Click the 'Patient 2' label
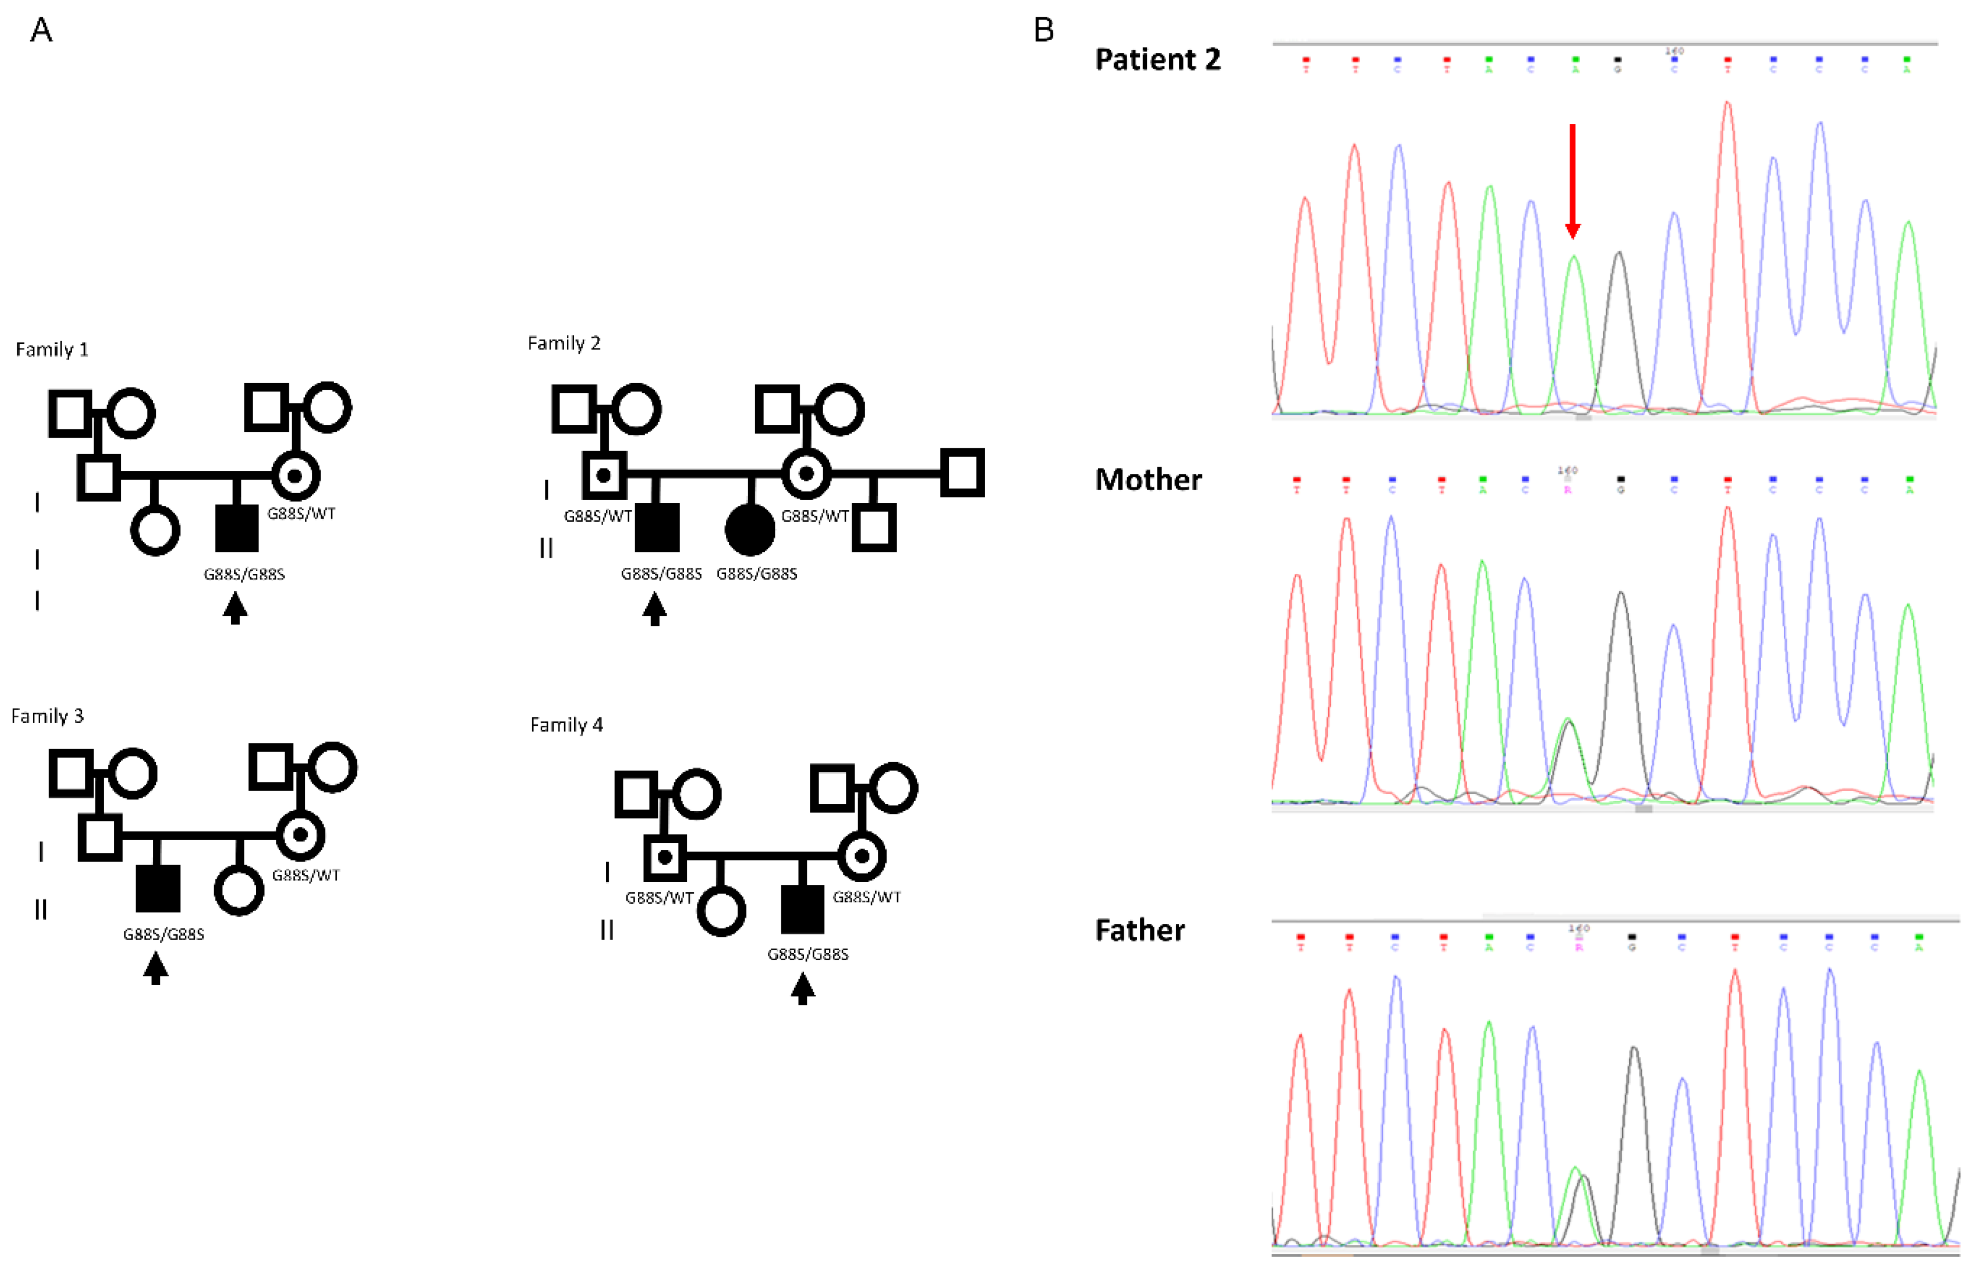point(1157,60)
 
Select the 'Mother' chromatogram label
point(1148,480)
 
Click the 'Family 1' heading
point(51,349)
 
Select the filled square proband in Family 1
point(237,528)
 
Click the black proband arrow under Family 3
point(155,967)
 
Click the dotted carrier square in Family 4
point(665,857)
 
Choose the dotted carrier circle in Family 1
point(295,476)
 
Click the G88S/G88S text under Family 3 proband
point(164,935)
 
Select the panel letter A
point(41,31)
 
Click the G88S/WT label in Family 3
point(305,875)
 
